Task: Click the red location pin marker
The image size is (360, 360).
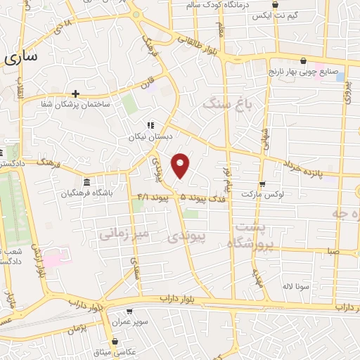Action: [181, 165]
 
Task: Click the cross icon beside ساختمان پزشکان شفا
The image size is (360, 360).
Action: [75, 93]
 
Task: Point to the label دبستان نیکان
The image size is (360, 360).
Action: [148, 138]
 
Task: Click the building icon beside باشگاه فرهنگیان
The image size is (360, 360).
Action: [86, 181]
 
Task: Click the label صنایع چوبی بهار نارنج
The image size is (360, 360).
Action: [304, 71]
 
